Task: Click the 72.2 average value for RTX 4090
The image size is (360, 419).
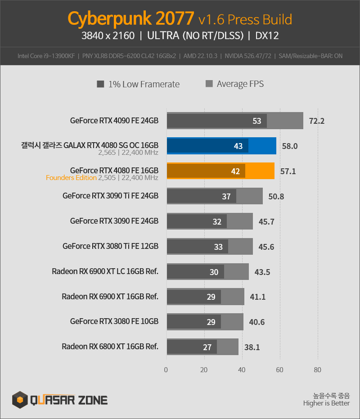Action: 317,121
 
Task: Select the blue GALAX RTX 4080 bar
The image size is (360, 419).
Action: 221,146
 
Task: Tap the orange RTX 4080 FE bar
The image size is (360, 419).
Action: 221,171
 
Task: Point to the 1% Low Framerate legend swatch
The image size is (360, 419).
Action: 100,84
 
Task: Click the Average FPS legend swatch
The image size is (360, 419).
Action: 209,84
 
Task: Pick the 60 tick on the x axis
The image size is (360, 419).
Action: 279,370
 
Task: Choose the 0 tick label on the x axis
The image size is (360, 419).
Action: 166,370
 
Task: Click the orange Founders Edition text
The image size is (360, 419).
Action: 71,178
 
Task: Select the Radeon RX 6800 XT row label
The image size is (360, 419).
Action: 110,347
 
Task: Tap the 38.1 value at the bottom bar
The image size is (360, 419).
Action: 252,347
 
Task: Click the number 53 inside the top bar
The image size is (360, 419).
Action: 257,121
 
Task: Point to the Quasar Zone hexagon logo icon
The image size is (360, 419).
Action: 20,400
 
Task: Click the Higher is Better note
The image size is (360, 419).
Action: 326,403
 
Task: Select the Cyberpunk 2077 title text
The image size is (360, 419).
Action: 130,18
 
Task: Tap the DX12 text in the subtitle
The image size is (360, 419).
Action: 267,36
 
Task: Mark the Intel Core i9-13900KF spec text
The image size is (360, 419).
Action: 46,56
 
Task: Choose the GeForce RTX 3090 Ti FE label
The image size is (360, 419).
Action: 110,196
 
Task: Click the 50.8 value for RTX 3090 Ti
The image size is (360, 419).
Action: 276,197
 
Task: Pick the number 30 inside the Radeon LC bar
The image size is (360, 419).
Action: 214,272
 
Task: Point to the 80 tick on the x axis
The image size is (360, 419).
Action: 318,370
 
